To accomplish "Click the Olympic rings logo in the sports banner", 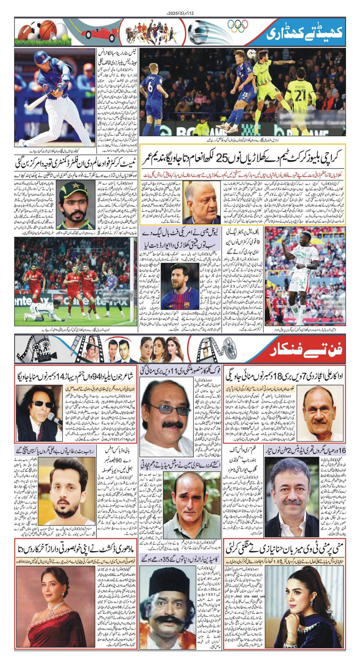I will [x=238, y=26].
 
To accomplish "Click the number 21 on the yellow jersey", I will [x=300, y=95].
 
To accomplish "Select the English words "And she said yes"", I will [x=250, y=596].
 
